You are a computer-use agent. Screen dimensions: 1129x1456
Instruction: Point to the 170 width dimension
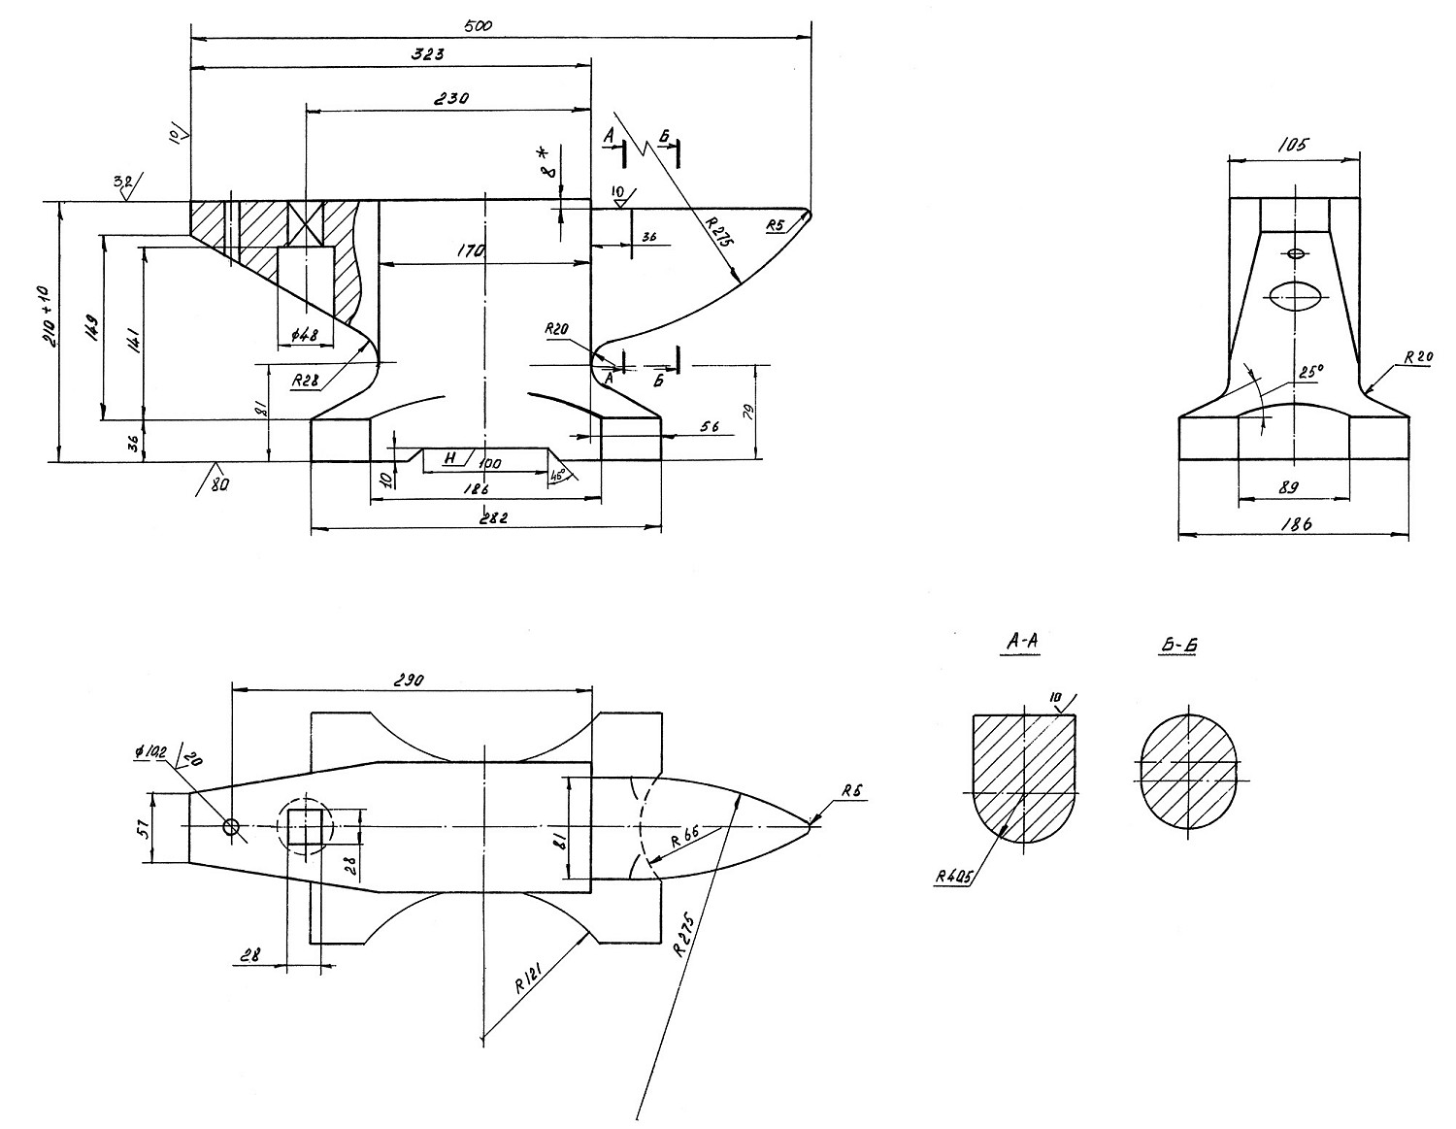[471, 251]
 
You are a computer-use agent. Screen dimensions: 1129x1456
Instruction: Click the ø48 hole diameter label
[304, 335]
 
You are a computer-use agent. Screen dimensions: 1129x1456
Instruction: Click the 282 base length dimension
[495, 518]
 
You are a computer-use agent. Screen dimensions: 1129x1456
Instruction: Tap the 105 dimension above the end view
[1294, 145]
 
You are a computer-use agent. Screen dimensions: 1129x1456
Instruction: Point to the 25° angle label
[1311, 371]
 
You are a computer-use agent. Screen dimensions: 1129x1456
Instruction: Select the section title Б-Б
[1177, 644]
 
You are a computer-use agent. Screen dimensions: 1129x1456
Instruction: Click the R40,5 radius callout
[956, 877]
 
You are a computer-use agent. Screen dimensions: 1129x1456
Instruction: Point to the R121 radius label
[530, 982]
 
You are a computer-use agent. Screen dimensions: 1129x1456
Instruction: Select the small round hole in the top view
[231, 826]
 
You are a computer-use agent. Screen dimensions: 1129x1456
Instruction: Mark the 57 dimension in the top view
[142, 827]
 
